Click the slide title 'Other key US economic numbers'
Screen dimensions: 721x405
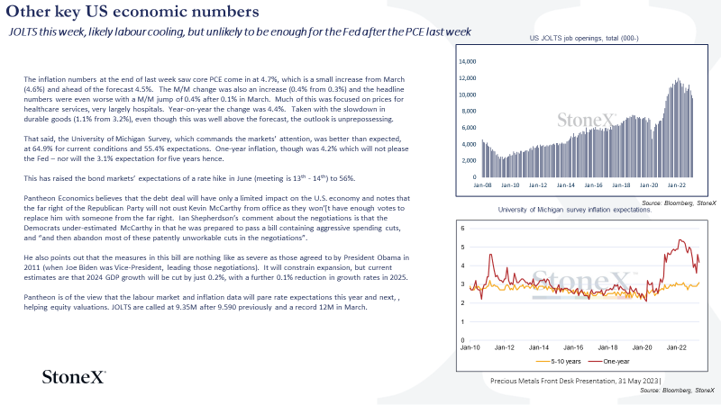pyautogui.click(x=132, y=12)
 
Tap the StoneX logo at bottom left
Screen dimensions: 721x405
pyautogui.click(x=74, y=377)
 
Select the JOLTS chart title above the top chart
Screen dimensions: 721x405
pyautogui.click(x=584, y=38)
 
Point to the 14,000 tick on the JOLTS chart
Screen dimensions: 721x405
pyautogui.click(x=468, y=61)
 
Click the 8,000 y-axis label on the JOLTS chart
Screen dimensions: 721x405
pyautogui.click(x=469, y=111)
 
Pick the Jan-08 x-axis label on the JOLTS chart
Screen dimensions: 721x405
pyautogui.click(x=482, y=185)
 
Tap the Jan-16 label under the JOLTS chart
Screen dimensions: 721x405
pyautogui.click(x=593, y=185)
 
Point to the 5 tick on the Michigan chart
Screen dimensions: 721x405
pyautogui.click(x=462, y=247)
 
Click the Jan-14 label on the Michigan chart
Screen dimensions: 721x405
pyautogui.click(x=539, y=347)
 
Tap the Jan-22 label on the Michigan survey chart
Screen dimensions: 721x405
pyautogui.click(x=677, y=347)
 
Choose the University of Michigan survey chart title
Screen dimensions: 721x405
pyautogui.click(x=575, y=210)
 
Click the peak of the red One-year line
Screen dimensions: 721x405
pyautogui.click(x=681, y=239)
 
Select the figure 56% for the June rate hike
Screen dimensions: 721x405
pyautogui.click(x=347, y=178)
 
